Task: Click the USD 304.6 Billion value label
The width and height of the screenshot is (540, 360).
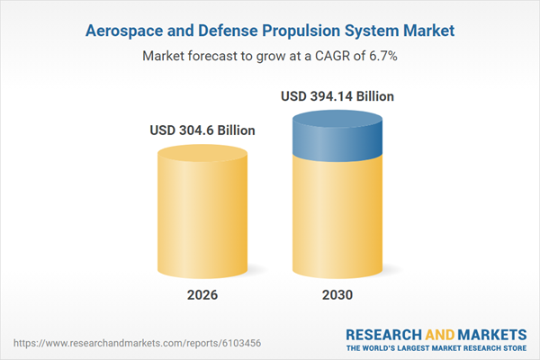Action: pyautogui.click(x=202, y=130)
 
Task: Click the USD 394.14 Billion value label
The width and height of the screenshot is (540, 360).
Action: pyautogui.click(x=337, y=95)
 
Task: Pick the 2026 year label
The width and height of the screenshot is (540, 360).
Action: pyautogui.click(x=202, y=295)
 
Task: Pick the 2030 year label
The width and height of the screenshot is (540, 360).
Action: pyautogui.click(x=337, y=295)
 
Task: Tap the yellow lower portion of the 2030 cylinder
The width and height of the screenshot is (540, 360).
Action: pyautogui.click(x=337, y=216)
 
